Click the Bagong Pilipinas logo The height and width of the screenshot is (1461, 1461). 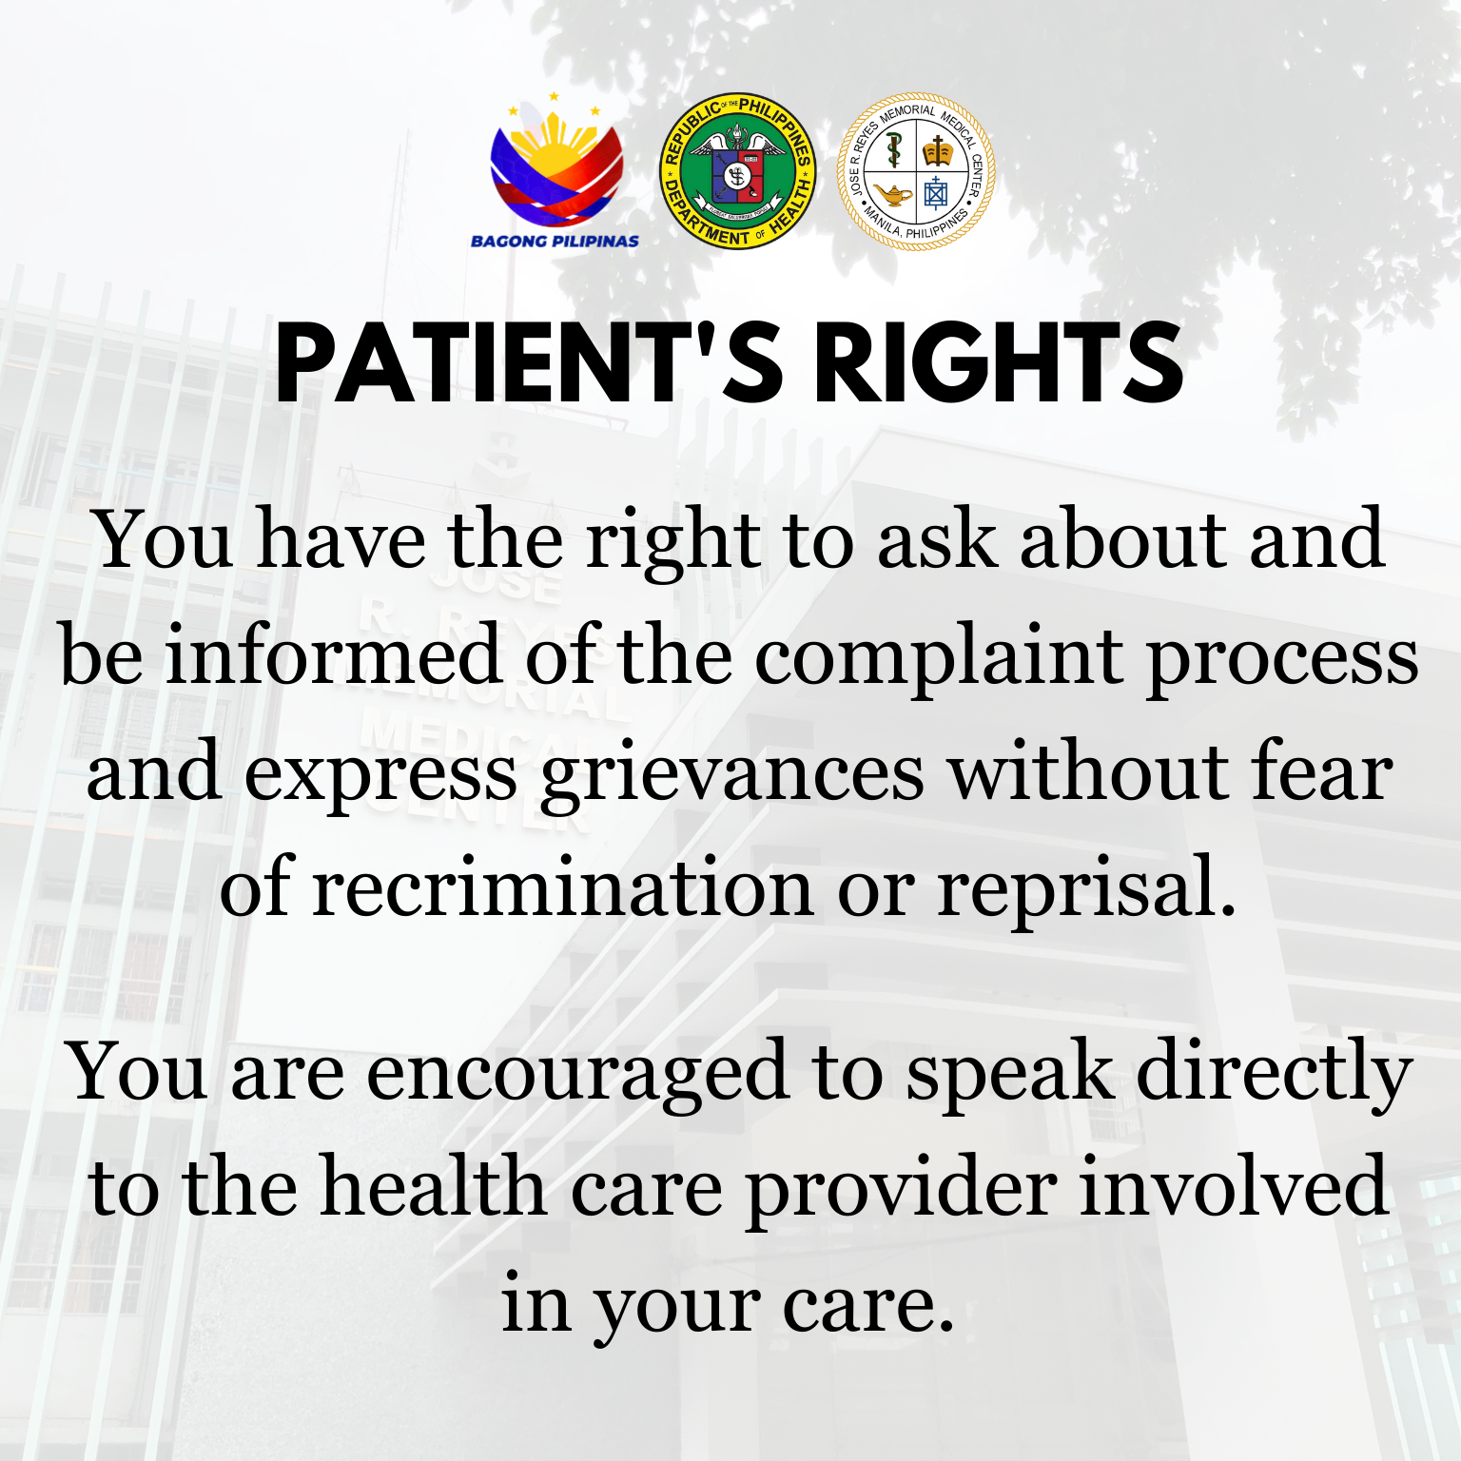pos(555,171)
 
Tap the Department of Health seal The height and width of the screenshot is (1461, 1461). pos(738,171)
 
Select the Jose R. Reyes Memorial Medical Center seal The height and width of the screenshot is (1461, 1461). pos(916,171)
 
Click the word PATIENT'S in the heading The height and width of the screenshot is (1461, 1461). pos(528,362)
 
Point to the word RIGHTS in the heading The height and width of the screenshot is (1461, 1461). pos(999,362)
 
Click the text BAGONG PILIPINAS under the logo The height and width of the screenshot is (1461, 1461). pos(555,242)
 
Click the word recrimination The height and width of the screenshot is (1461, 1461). pos(562,886)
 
